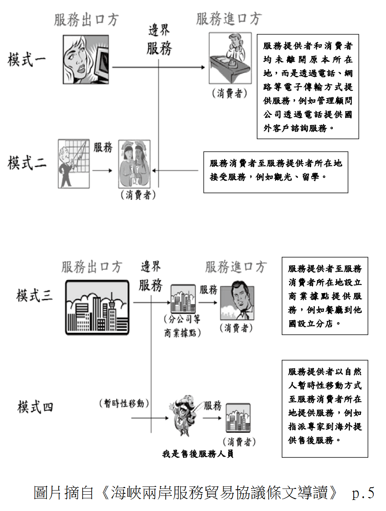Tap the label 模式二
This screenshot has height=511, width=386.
27,163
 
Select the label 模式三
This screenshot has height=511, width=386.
35,295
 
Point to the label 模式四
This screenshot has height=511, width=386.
35,407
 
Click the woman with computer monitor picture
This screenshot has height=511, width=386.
85,60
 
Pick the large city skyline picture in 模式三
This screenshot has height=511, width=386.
97,307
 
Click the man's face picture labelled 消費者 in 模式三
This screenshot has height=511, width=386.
237,303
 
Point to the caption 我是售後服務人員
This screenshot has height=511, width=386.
198,454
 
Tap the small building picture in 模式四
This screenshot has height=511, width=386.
238,418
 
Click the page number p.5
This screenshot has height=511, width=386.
363,493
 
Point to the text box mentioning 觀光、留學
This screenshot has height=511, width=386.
276,171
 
